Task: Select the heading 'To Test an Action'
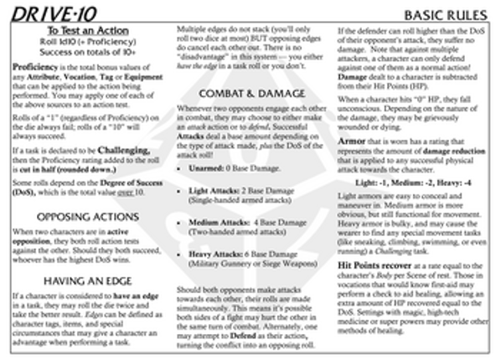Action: pos(84,30)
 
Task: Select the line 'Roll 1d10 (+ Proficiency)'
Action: pos(84,41)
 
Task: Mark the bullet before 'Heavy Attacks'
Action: pos(183,254)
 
